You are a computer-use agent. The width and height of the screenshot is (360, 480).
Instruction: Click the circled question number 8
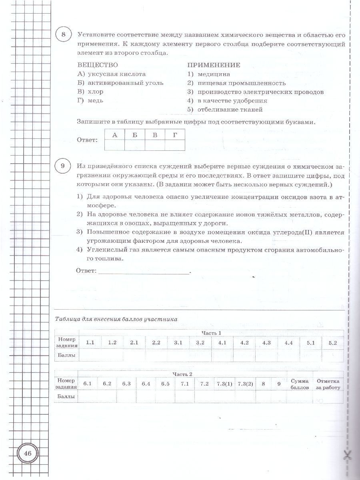[63, 35]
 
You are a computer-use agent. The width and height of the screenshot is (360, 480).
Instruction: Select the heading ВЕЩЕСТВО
[98, 65]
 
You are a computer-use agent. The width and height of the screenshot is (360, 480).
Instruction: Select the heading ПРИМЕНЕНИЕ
[214, 65]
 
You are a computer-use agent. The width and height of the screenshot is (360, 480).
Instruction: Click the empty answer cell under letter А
[114, 145]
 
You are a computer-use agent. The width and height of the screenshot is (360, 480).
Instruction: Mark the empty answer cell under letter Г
[175, 145]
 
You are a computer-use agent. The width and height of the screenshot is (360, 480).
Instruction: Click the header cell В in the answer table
[155, 135]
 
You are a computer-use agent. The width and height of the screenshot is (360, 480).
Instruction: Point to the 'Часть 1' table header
[211, 333]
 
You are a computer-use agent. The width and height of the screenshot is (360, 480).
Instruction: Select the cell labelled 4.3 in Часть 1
[266, 343]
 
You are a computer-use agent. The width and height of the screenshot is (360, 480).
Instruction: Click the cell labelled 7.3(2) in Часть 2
[245, 384]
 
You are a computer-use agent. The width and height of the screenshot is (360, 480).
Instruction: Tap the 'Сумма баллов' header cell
[300, 384]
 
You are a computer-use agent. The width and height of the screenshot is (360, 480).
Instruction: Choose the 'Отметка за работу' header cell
[328, 384]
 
